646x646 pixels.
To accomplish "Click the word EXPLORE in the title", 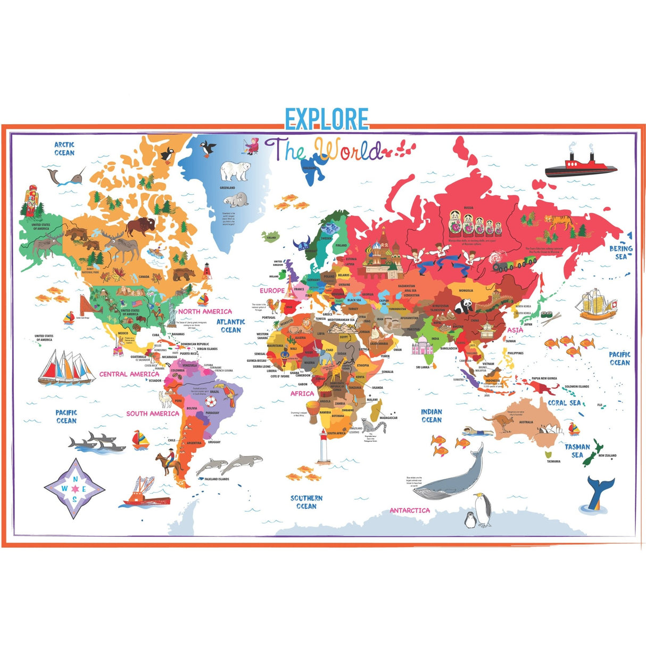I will (x=326, y=119).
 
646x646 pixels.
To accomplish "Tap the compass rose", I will (x=74, y=488).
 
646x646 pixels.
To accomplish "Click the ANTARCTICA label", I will (x=409, y=510).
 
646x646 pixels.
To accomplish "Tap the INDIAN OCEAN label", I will (x=432, y=416).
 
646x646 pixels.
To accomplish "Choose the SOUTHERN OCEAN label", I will (x=306, y=502).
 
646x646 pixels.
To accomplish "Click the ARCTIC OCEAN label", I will (x=64, y=148).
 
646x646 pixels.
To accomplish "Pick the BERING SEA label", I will (x=620, y=252).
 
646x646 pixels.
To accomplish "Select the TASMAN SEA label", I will (x=577, y=451).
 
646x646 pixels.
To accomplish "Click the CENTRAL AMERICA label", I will (x=129, y=374).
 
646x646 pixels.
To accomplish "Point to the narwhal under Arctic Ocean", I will (x=64, y=176).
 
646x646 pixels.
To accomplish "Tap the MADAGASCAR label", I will (x=388, y=418).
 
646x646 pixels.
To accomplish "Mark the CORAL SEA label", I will (x=564, y=403).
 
